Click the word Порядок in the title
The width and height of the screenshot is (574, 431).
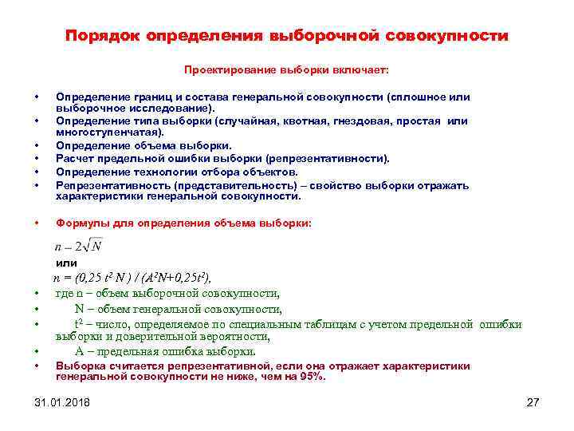coord(101,37)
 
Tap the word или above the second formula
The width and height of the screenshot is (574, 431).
coord(66,263)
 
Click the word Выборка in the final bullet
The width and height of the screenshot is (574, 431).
coord(80,366)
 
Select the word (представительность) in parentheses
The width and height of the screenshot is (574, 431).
coord(215,184)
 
